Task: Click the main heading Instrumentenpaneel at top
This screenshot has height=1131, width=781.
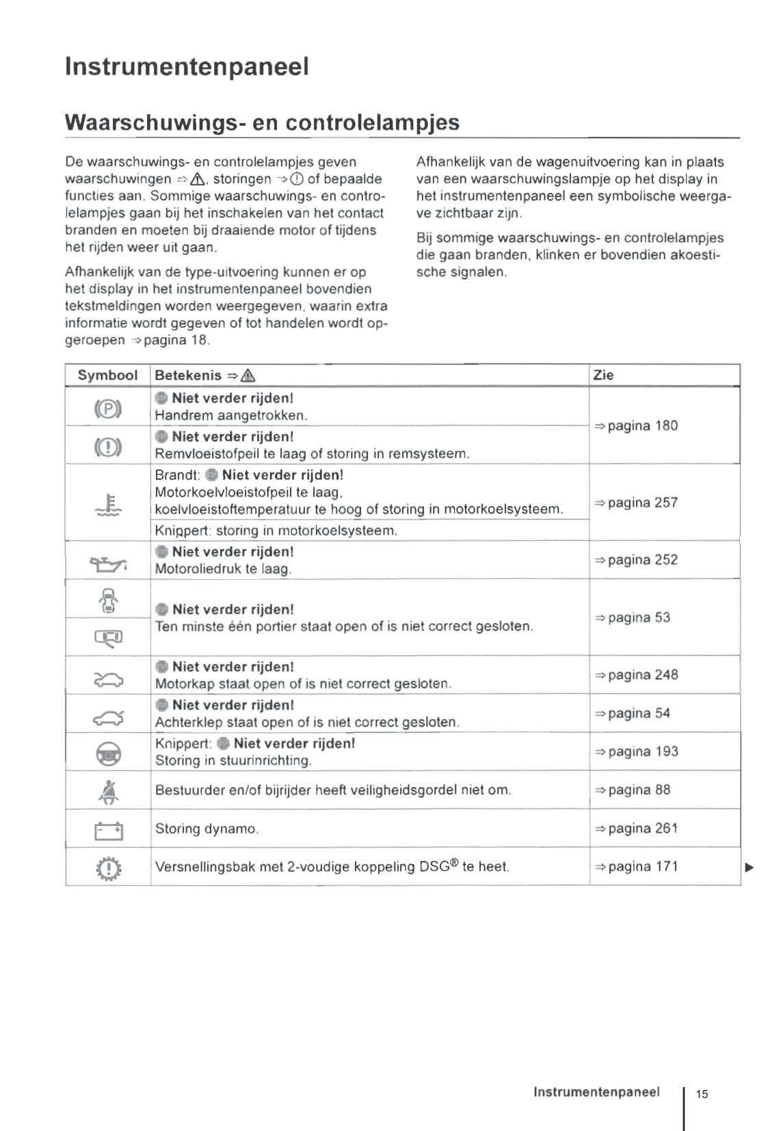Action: (x=187, y=67)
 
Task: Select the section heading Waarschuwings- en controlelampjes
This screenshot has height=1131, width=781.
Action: (x=262, y=122)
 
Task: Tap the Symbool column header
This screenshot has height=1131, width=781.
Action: (x=107, y=375)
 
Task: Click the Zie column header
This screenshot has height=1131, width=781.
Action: (x=603, y=375)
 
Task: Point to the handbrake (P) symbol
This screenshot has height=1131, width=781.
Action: (x=107, y=409)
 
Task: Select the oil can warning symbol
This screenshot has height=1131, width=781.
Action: (x=108, y=564)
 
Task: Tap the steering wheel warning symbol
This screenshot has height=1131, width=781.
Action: (x=108, y=754)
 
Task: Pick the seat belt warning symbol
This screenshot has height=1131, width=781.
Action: (x=108, y=792)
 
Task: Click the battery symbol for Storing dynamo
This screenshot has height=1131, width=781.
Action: (x=108, y=831)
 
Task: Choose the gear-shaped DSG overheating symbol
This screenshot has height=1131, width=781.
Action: (x=108, y=869)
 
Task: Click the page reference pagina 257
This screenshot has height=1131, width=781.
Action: (x=636, y=503)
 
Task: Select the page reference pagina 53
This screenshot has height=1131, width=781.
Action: (x=632, y=617)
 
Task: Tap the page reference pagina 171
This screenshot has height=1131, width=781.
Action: (x=636, y=866)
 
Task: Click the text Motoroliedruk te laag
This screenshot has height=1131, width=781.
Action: (x=223, y=569)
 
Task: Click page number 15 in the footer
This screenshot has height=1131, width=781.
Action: (x=702, y=1094)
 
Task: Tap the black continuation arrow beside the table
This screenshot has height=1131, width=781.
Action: (x=750, y=868)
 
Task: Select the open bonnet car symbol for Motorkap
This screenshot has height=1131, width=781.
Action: (x=108, y=678)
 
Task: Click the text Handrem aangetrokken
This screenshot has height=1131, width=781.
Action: (x=230, y=415)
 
